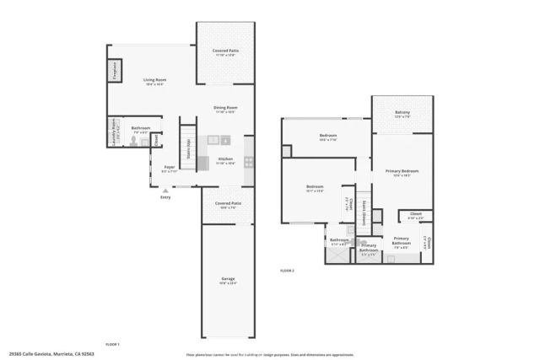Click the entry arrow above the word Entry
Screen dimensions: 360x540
[x=165, y=191]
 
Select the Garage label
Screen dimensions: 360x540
[x=228, y=281]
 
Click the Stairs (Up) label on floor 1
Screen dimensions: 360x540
[x=188, y=145]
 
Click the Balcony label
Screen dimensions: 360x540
[x=402, y=113]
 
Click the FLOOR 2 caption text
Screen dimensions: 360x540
[x=287, y=270]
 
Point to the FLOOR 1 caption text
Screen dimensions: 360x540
[x=112, y=344]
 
